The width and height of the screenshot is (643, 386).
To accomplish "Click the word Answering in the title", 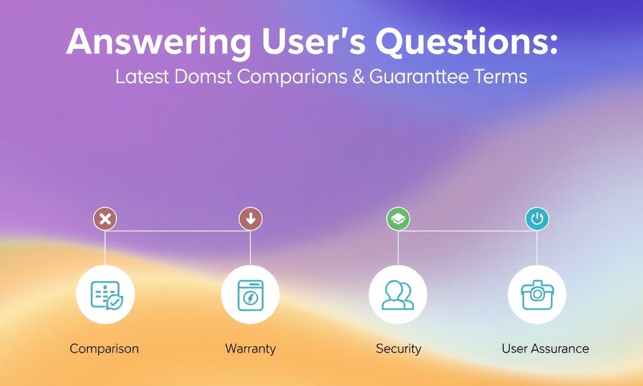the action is tap(159, 43).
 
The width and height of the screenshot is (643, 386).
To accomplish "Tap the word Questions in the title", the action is tap(466, 42).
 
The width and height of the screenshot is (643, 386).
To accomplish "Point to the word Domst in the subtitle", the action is tap(203, 77).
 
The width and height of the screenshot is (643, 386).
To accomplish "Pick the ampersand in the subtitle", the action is tap(358, 77).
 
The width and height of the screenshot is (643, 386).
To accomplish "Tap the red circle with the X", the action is tap(105, 219).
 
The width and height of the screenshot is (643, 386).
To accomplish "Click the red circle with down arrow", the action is tap(251, 219).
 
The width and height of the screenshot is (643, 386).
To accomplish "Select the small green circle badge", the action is tap(398, 219).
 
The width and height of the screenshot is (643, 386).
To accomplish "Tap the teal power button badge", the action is tap(537, 219).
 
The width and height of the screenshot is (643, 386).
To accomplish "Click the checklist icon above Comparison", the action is tap(107, 295).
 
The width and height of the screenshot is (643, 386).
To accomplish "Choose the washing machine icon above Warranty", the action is tap(251, 295).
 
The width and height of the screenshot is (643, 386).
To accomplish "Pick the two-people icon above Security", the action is tap(398, 295).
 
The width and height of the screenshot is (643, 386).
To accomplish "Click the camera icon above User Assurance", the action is tap(537, 295).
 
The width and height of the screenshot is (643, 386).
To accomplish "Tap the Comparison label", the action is tap(104, 349).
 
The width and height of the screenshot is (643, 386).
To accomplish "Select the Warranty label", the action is tap(251, 349).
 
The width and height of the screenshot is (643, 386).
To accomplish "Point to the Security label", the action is tap(399, 349).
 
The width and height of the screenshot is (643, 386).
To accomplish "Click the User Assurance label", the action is tap(545, 348).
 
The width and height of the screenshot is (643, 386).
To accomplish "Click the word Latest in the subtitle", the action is tap(142, 77).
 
